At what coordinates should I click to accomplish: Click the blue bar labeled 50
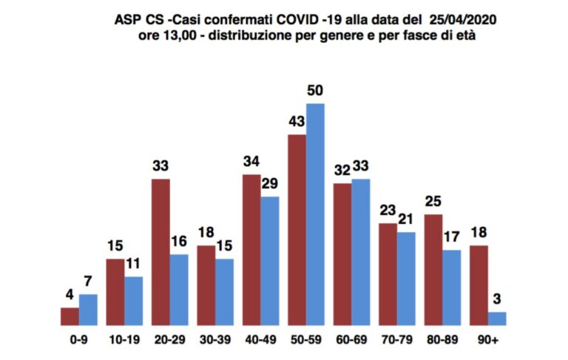315,214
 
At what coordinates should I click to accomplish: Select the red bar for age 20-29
160,252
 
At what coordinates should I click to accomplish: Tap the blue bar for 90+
497,319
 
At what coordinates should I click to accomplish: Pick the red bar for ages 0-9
70,316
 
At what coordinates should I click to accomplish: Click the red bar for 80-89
433,270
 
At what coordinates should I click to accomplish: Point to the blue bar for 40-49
270,261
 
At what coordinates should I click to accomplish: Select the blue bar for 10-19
134,301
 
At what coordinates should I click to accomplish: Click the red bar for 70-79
388,274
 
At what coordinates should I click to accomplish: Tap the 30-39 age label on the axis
215,340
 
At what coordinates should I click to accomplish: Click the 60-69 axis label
351,340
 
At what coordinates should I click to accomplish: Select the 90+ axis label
487,340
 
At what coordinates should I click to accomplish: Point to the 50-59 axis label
306,340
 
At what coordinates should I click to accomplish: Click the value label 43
297,121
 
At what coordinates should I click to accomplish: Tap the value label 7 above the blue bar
88,282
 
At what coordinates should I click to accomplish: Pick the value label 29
270,183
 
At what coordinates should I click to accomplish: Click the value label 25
433,201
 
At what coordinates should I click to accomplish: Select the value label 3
497,299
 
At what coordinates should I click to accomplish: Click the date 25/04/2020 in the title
463,19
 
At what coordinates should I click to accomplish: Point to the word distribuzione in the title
249,36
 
